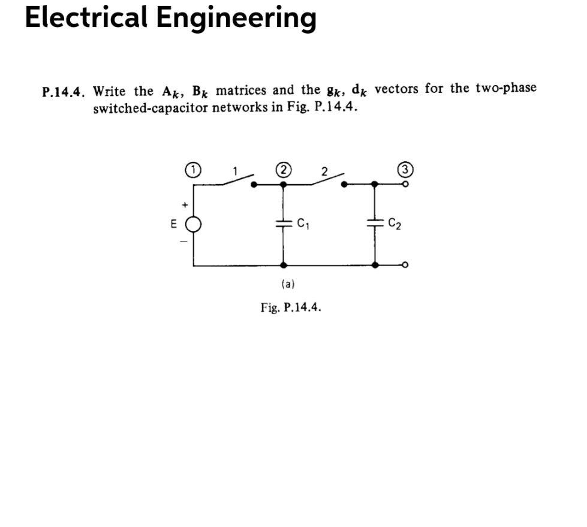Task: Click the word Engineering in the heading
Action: pos(236,18)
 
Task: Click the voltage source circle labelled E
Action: pos(192,225)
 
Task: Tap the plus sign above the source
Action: pos(185,206)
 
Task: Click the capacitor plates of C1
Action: pos(283,224)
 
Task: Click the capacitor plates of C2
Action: pos(375,224)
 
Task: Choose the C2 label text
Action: pos(395,225)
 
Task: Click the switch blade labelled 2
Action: pos(327,179)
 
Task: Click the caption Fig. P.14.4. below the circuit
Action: pos(291,308)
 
